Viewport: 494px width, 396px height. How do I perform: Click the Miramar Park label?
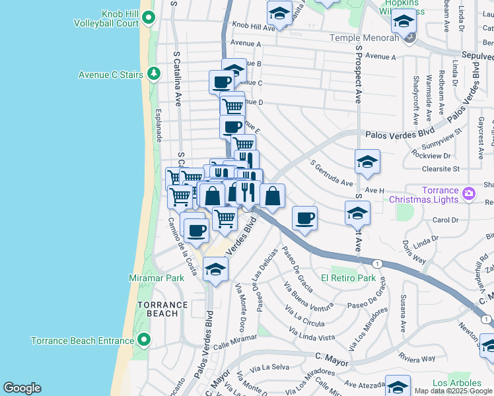click(x=157, y=278)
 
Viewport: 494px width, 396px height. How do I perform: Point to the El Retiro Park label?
click(x=348, y=278)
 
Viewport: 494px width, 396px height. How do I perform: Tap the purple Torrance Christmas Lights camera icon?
click(x=469, y=193)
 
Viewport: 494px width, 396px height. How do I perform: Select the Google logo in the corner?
click(x=22, y=388)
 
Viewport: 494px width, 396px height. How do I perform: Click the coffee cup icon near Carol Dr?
click(x=304, y=218)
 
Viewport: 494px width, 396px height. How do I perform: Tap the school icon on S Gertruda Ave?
click(x=368, y=161)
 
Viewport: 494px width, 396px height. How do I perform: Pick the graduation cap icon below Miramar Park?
click(x=215, y=269)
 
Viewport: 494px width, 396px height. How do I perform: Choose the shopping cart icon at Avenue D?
click(x=232, y=105)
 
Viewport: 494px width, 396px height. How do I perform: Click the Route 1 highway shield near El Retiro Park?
click(x=376, y=263)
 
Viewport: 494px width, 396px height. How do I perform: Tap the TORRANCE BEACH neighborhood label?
click(x=158, y=309)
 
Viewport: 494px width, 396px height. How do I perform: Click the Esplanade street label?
click(x=159, y=127)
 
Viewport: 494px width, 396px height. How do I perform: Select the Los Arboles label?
click(x=452, y=383)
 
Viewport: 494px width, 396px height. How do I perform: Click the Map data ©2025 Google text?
click(x=453, y=391)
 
